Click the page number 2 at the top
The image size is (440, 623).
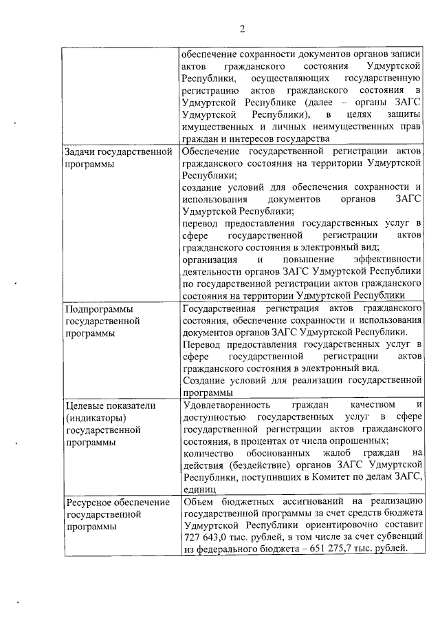pos(243,28)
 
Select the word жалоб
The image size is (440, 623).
pos(337,453)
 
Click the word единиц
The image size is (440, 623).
pos(199,489)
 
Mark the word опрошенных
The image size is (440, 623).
pos(356,441)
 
